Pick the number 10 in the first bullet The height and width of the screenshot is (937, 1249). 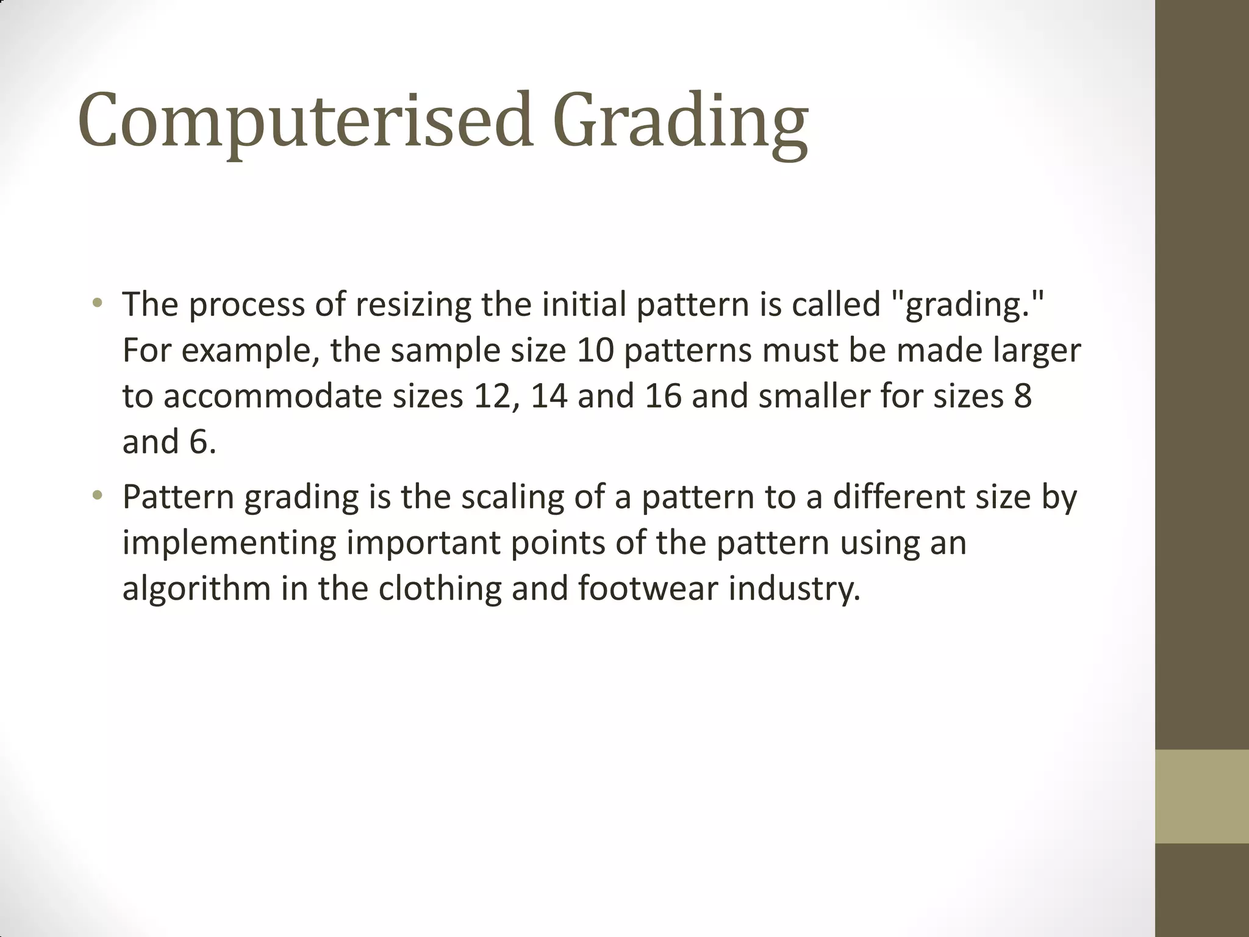point(595,350)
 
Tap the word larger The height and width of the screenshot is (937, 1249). point(1037,351)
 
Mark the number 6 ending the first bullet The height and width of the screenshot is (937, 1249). point(199,442)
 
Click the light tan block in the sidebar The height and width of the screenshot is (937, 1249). point(1201,796)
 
